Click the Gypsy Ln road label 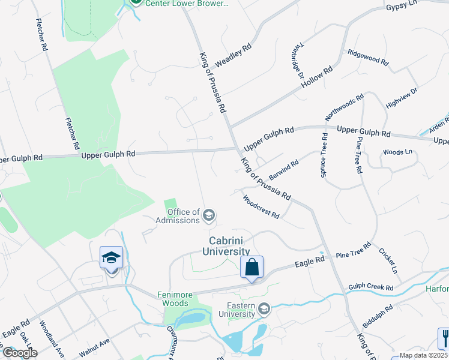tap(402, 5)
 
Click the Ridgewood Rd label tap(368, 58)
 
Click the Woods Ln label tap(397, 152)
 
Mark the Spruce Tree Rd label tap(324, 154)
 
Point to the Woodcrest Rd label tap(261, 206)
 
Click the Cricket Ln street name tap(388, 260)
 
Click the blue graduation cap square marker tap(111, 258)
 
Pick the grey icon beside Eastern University tap(264, 309)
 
